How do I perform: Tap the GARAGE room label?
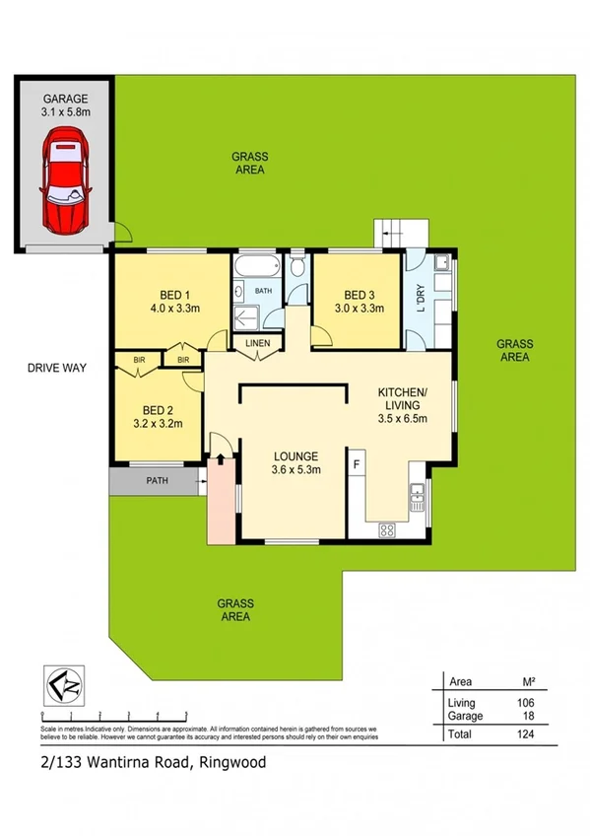pyautogui.click(x=65, y=99)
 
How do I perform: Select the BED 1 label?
pyautogui.click(x=173, y=294)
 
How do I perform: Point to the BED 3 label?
pyautogui.click(x=360, y=294)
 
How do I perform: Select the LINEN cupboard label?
pyautogui.click(x=257, y=342)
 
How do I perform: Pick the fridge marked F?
pyautogui.click(x=356, y=460)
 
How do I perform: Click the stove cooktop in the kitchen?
pyautogui.click(x=387, y=530)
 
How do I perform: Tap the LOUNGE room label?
pyautogui.click(x=295, y=456)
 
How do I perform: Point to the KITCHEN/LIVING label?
pyautogui.click(x=400, y=398)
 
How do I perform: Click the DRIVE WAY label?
pyautogui.click(x=57, y=368)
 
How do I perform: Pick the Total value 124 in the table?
pyautogui.click(x=525, y=734)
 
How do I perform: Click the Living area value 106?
pyautogui.click(x=525, y=702)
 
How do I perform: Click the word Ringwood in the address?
pyautogui.click(x=234, y=762)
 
